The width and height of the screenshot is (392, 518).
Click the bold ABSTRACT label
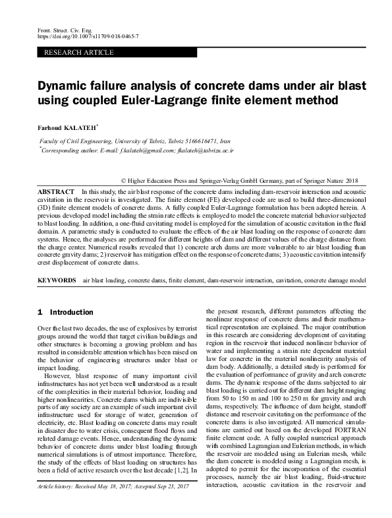(55, 191)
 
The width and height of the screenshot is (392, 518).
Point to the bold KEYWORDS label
(57, 280)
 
